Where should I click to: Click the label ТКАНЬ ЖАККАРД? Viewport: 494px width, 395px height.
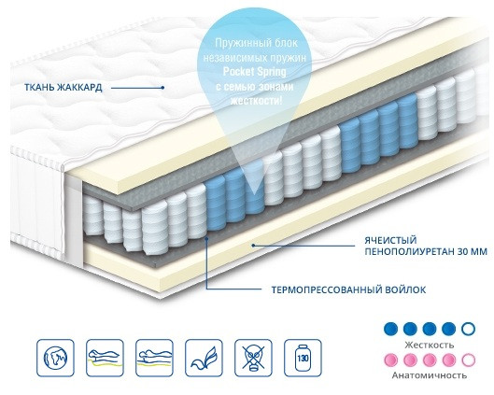tap(64, 87)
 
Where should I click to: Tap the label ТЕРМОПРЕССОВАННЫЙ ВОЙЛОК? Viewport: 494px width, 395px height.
tap(348, 289)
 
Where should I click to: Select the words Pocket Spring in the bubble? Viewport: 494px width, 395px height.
tap(255, 72)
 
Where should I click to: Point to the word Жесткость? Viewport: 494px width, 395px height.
tap(430, 345)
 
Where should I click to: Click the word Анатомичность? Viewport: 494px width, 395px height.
tap(430, 375)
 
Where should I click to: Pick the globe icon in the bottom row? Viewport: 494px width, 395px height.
tap(55, 358)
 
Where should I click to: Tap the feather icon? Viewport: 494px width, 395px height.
tap(204, 358)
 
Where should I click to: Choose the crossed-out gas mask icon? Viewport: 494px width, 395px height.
tap(253, 358)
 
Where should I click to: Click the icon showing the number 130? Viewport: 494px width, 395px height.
tap(303, 358)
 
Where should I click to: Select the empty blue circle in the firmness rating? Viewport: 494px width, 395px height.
tap(468, 329)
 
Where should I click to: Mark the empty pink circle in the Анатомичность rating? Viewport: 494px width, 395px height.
tap(468, 360)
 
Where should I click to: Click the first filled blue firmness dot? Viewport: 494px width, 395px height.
tap(391, 329)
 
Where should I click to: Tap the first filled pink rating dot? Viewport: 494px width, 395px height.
tap(391, 360)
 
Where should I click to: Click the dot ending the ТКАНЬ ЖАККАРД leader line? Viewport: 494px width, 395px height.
tap(162, 88)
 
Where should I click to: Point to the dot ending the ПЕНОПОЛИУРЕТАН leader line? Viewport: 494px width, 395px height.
tap(253, 245)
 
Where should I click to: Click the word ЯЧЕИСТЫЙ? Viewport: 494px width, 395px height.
tap(390, 240)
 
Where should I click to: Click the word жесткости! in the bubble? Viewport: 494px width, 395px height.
tap(256, 101)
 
